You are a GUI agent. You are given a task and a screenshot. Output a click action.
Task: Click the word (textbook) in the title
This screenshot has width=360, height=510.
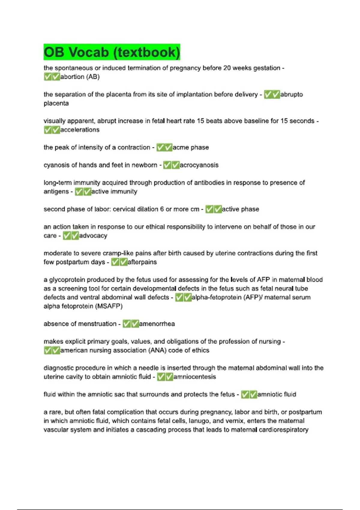146,52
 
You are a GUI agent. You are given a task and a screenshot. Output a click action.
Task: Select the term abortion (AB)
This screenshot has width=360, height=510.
80,77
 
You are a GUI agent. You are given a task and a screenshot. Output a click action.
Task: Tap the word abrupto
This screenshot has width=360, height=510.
291,94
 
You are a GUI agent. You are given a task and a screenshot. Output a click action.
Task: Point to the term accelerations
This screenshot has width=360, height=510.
80,130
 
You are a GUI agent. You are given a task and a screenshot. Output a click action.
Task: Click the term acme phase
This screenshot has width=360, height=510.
190,148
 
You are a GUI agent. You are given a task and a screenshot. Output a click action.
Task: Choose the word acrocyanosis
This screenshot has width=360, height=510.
199,165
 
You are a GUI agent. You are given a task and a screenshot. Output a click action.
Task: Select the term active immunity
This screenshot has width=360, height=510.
114,192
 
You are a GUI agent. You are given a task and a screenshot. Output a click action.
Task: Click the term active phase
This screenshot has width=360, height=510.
240,209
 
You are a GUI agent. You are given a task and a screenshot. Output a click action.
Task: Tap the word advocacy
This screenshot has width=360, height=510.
93,236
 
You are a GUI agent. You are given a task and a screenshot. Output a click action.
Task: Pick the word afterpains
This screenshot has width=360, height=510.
142,262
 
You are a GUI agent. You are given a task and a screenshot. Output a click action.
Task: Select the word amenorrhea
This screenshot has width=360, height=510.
157,324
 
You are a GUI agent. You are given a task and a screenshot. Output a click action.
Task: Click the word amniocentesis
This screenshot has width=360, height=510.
194,377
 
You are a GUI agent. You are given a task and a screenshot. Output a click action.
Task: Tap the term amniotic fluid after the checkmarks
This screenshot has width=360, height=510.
277,394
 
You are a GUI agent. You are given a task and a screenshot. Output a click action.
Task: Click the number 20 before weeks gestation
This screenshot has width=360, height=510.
227,68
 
